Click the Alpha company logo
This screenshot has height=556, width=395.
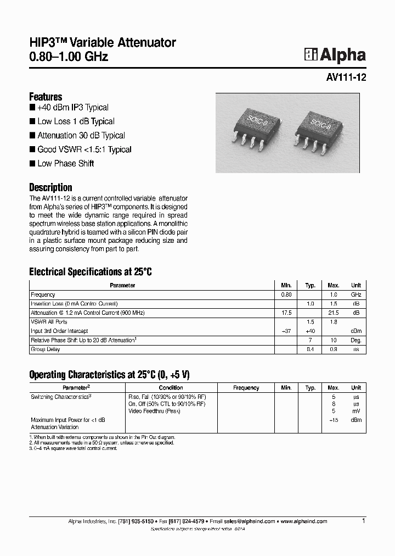(335, 55)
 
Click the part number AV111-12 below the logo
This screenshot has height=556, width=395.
(346, 78)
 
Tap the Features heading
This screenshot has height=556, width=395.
(46, 97)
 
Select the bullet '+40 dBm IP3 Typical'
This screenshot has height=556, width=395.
(73, 108)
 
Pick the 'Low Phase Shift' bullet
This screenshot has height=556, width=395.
(65, 163)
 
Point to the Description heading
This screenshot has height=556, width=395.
(50, 187)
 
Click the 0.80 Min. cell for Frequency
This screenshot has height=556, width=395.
(286, 294)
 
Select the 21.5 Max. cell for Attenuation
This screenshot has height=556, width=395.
(333, 313)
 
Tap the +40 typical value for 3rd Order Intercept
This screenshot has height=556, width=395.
(310, 331)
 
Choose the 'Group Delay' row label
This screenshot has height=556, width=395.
(46, 349)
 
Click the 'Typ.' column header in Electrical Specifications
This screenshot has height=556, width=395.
(310, 286)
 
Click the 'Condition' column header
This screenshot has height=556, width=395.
(171, 388)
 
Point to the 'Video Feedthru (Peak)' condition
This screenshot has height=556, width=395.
(154, 411)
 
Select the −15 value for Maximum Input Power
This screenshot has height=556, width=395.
(333, 420)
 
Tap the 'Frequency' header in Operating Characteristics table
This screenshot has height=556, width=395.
(246, 388)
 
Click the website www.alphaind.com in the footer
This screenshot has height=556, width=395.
(304, 521)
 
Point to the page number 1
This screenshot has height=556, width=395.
(364, 520)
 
